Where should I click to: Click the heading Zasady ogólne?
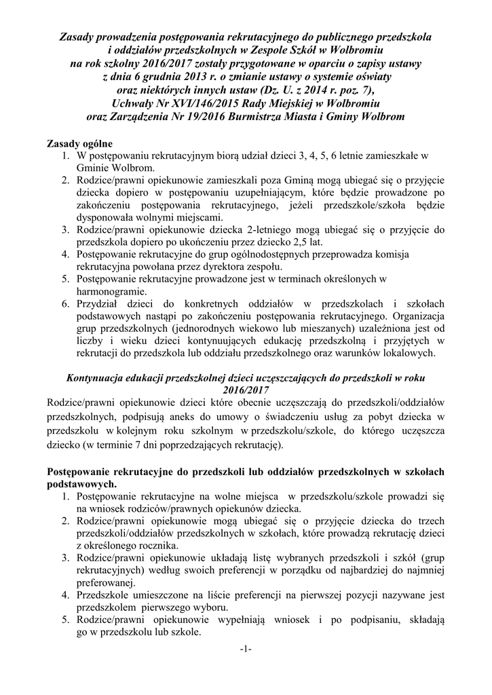[x=79, y=145]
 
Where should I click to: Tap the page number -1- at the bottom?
[x=246, y=650]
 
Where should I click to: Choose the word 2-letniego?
[x=249, y=230]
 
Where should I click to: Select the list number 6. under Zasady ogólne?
[x=65, y=303]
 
